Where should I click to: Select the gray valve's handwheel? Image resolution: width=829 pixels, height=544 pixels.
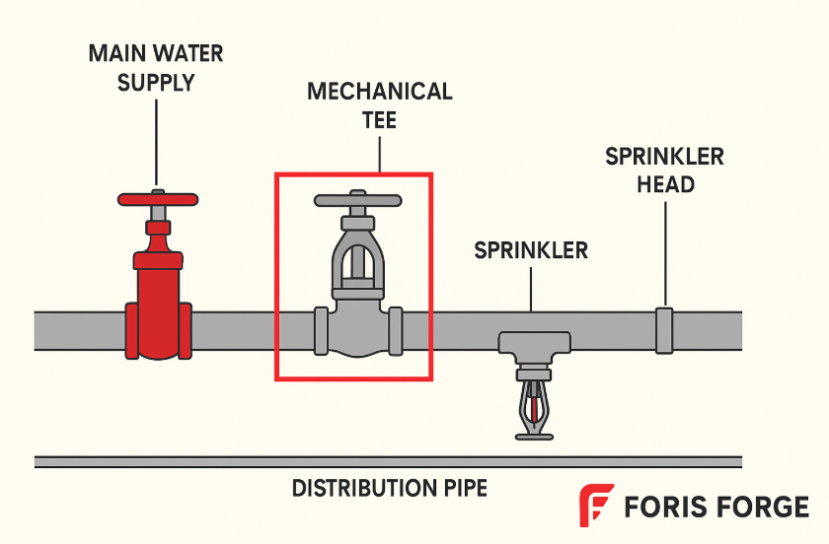coord(357,200)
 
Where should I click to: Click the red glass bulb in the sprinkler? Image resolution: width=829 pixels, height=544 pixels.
coord(535,407)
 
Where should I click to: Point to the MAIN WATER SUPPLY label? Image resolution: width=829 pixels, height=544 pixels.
coord(157,67)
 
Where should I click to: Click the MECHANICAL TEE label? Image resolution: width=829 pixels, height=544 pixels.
coord(379,105)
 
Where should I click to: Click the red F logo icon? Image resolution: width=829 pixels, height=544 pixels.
coord(595,506)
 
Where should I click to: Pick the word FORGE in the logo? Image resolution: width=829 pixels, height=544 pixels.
coord(760,507)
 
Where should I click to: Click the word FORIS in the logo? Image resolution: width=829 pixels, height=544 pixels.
coord(662,507)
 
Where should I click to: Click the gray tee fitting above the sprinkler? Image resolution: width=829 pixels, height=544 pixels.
coord(534,343)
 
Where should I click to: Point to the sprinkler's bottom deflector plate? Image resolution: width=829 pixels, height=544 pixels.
coord(534,436)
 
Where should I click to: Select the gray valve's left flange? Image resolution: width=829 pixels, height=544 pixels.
coord(320,330)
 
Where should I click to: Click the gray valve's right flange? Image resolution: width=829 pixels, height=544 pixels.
coord(396,330)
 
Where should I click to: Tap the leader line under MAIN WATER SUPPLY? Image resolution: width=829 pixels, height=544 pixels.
coord(156,138)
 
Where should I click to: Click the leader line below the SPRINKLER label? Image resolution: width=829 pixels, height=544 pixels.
coord(532,288)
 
